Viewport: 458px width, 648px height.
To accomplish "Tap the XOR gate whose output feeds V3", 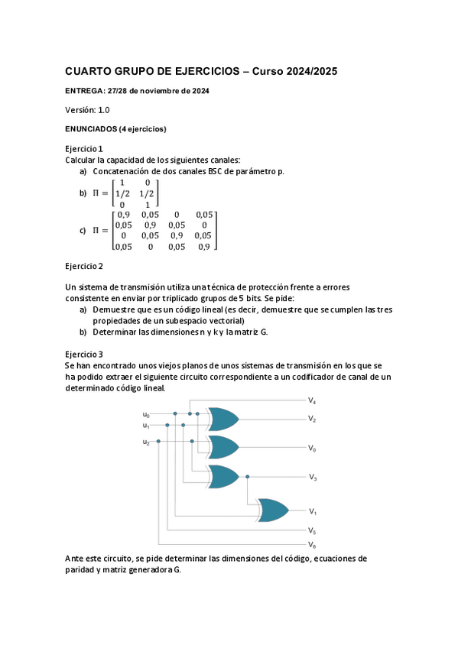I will pos(223,477).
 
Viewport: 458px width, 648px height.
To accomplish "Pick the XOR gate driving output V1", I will pos(273,510).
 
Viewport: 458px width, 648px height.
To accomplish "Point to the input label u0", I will pos(146,415).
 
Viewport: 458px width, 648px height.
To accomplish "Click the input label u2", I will pos(146,442).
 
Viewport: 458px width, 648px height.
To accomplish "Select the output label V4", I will pos(312,401).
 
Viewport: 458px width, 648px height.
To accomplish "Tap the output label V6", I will pos(312,545).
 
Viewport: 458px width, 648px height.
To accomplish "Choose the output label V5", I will pos(312,530).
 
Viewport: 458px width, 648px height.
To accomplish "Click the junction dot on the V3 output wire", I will pos(247,477).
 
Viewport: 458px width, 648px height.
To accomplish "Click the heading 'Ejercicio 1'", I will pos(84,148).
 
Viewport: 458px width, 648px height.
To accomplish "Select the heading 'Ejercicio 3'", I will pos(84,355).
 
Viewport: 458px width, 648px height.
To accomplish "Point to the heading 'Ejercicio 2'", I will pos(84,266).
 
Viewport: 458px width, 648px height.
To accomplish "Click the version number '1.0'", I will pos(103,110).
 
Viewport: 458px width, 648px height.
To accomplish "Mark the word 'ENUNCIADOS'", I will pos(90,129).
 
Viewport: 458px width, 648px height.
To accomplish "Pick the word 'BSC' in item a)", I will pos(217,171).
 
